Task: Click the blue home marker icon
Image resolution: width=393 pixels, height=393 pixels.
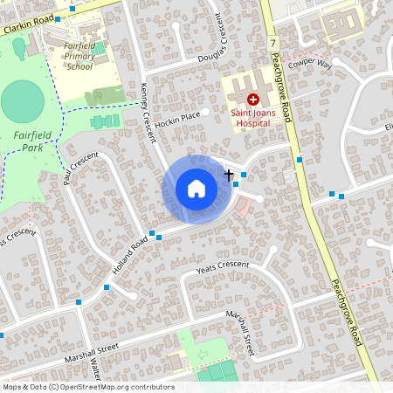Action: point(196,189)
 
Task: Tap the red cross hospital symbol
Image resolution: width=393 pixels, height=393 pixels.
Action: point(253,100)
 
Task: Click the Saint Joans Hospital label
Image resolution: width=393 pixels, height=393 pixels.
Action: point(259,118)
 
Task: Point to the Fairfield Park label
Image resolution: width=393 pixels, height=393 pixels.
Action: point(34,141)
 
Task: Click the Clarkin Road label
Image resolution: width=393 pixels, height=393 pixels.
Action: point(27,25)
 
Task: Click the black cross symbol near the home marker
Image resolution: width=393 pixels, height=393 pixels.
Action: point(229,174)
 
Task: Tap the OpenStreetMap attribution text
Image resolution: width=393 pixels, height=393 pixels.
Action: point(88,387)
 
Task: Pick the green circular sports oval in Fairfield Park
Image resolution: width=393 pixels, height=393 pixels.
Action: point(23,101)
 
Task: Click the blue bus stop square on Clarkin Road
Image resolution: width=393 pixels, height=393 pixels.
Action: point(72,8)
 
